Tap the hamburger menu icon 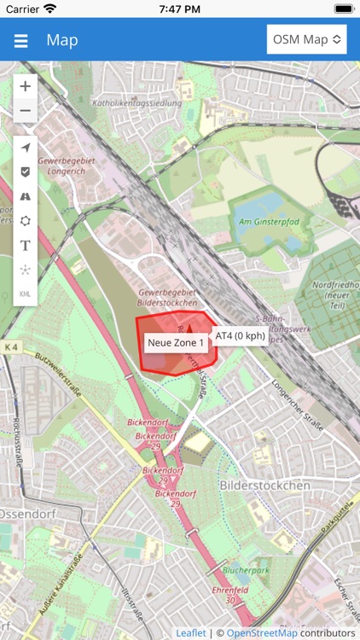[21, 40]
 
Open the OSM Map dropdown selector [307, 39]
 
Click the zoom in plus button [26, 86]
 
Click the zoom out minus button [26, 110]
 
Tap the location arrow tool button [26, 148]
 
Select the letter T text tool [26, 245]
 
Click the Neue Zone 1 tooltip [176, 343]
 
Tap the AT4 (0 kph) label [240, 335]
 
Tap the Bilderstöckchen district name [264, 485]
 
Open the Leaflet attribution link [191, 633]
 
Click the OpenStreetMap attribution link [263, 633]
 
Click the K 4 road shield [10, 347]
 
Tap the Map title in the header [62, 40]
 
